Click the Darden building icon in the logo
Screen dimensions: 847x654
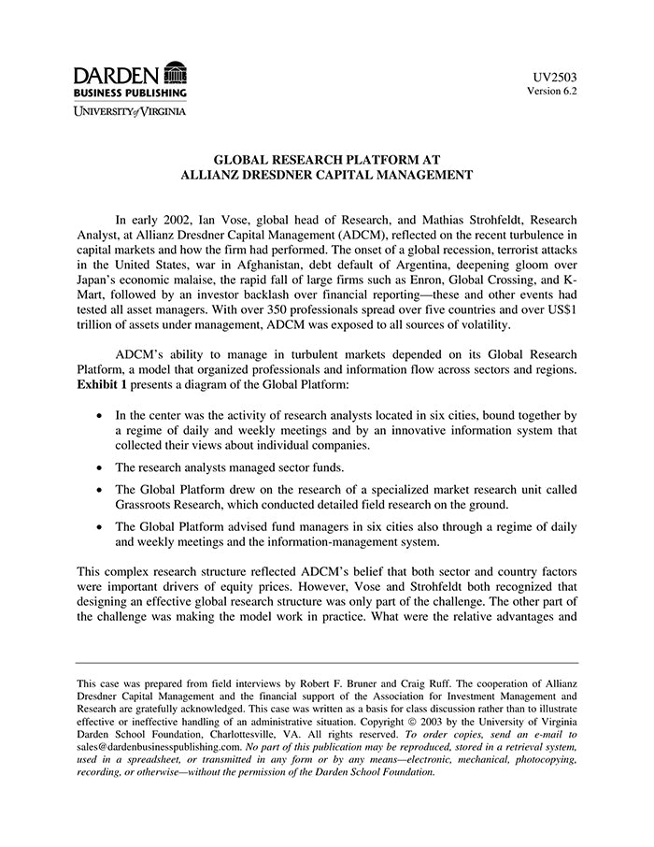(175, 73)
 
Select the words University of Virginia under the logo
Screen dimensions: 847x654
(130, 111)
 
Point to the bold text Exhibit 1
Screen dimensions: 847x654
(101, 385)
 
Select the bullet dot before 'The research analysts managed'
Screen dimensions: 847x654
(100, 467)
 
